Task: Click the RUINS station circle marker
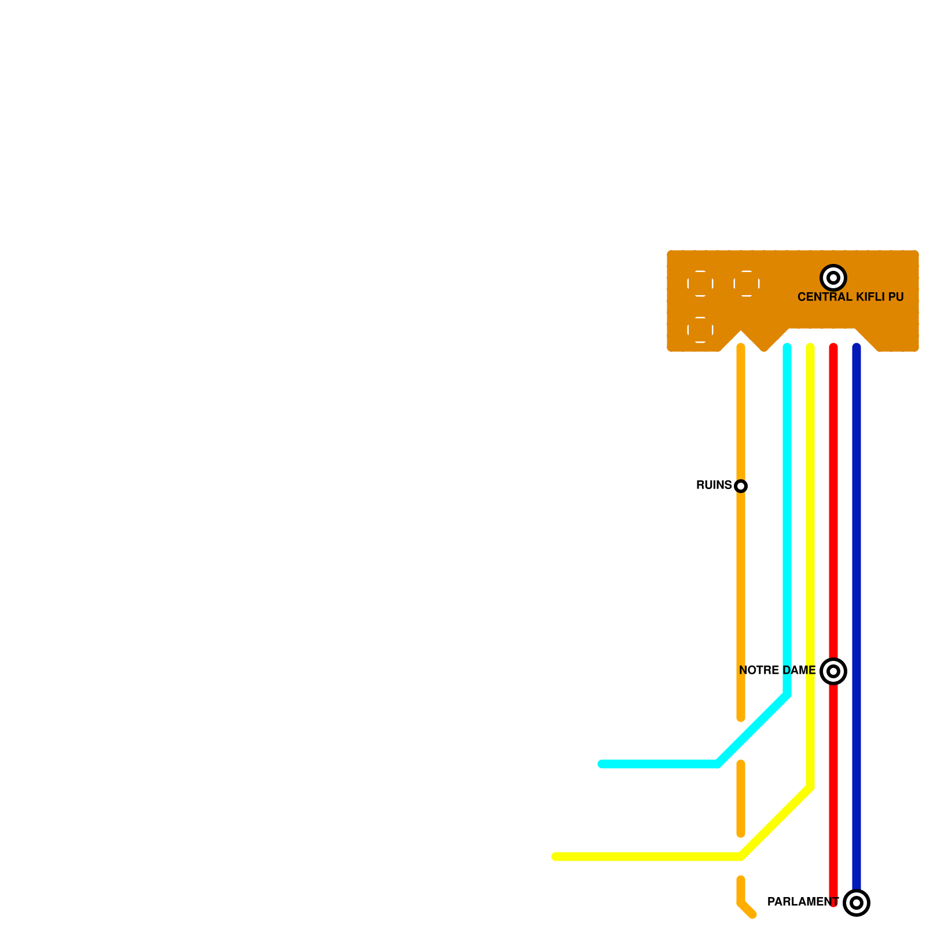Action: point(741,486)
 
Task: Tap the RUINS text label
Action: point(714,485)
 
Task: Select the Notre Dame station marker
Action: point(833,671)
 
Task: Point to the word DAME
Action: point(799,670)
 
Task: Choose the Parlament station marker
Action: point(857,903)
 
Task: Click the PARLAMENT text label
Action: point(803,902)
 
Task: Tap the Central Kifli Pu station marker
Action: point(833,278)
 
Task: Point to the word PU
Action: point(896,297)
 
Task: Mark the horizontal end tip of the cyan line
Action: point(602,764)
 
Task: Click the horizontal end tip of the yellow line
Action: point(556,857)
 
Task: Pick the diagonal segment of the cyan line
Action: point(752,729)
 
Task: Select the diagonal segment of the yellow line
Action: point(776,822)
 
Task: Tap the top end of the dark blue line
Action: point(857,347)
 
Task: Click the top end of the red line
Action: point(833,347)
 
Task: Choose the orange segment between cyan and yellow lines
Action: point(741,799)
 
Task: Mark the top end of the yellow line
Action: point(810,347)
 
